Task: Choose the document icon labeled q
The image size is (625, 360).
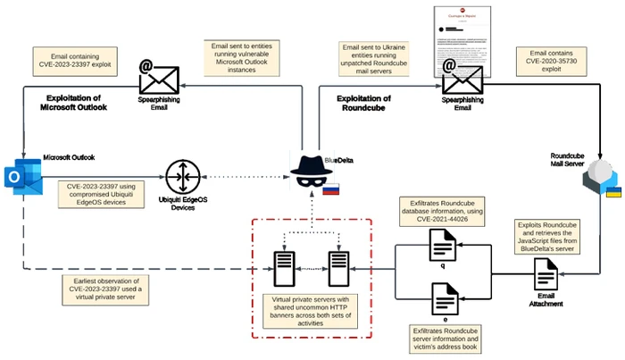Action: tap(444, 244)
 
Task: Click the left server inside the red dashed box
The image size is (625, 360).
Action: tap(283, 266)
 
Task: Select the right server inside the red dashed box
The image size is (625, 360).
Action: tap(339, 266)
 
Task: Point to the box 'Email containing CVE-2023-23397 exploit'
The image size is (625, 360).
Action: tap(75, 58)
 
